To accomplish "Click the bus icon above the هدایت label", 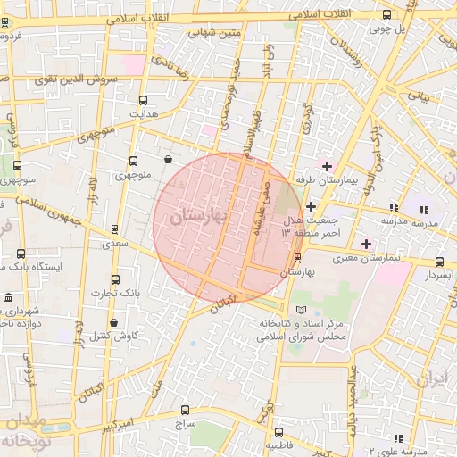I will click(x=144, y=101).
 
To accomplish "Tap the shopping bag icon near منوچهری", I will click(x=168, y=161).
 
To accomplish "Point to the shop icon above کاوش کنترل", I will click(x=113, y=322).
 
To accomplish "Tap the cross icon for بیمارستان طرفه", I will click(x=327, y=166).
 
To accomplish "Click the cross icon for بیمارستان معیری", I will click(x=366, y=244).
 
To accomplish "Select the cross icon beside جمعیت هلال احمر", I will click(x=310, y=206).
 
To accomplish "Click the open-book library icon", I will click(x=287, y=309).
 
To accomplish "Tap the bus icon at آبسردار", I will click(x=439, y=262).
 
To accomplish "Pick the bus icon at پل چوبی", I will click(x=386, y=14).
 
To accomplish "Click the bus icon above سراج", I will click(x=184, y=412).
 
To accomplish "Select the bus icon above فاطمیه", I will click(x=278, y=430).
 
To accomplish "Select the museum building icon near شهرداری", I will click(x=8, y=297).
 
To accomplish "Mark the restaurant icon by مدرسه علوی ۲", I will click(x=397, y=438).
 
